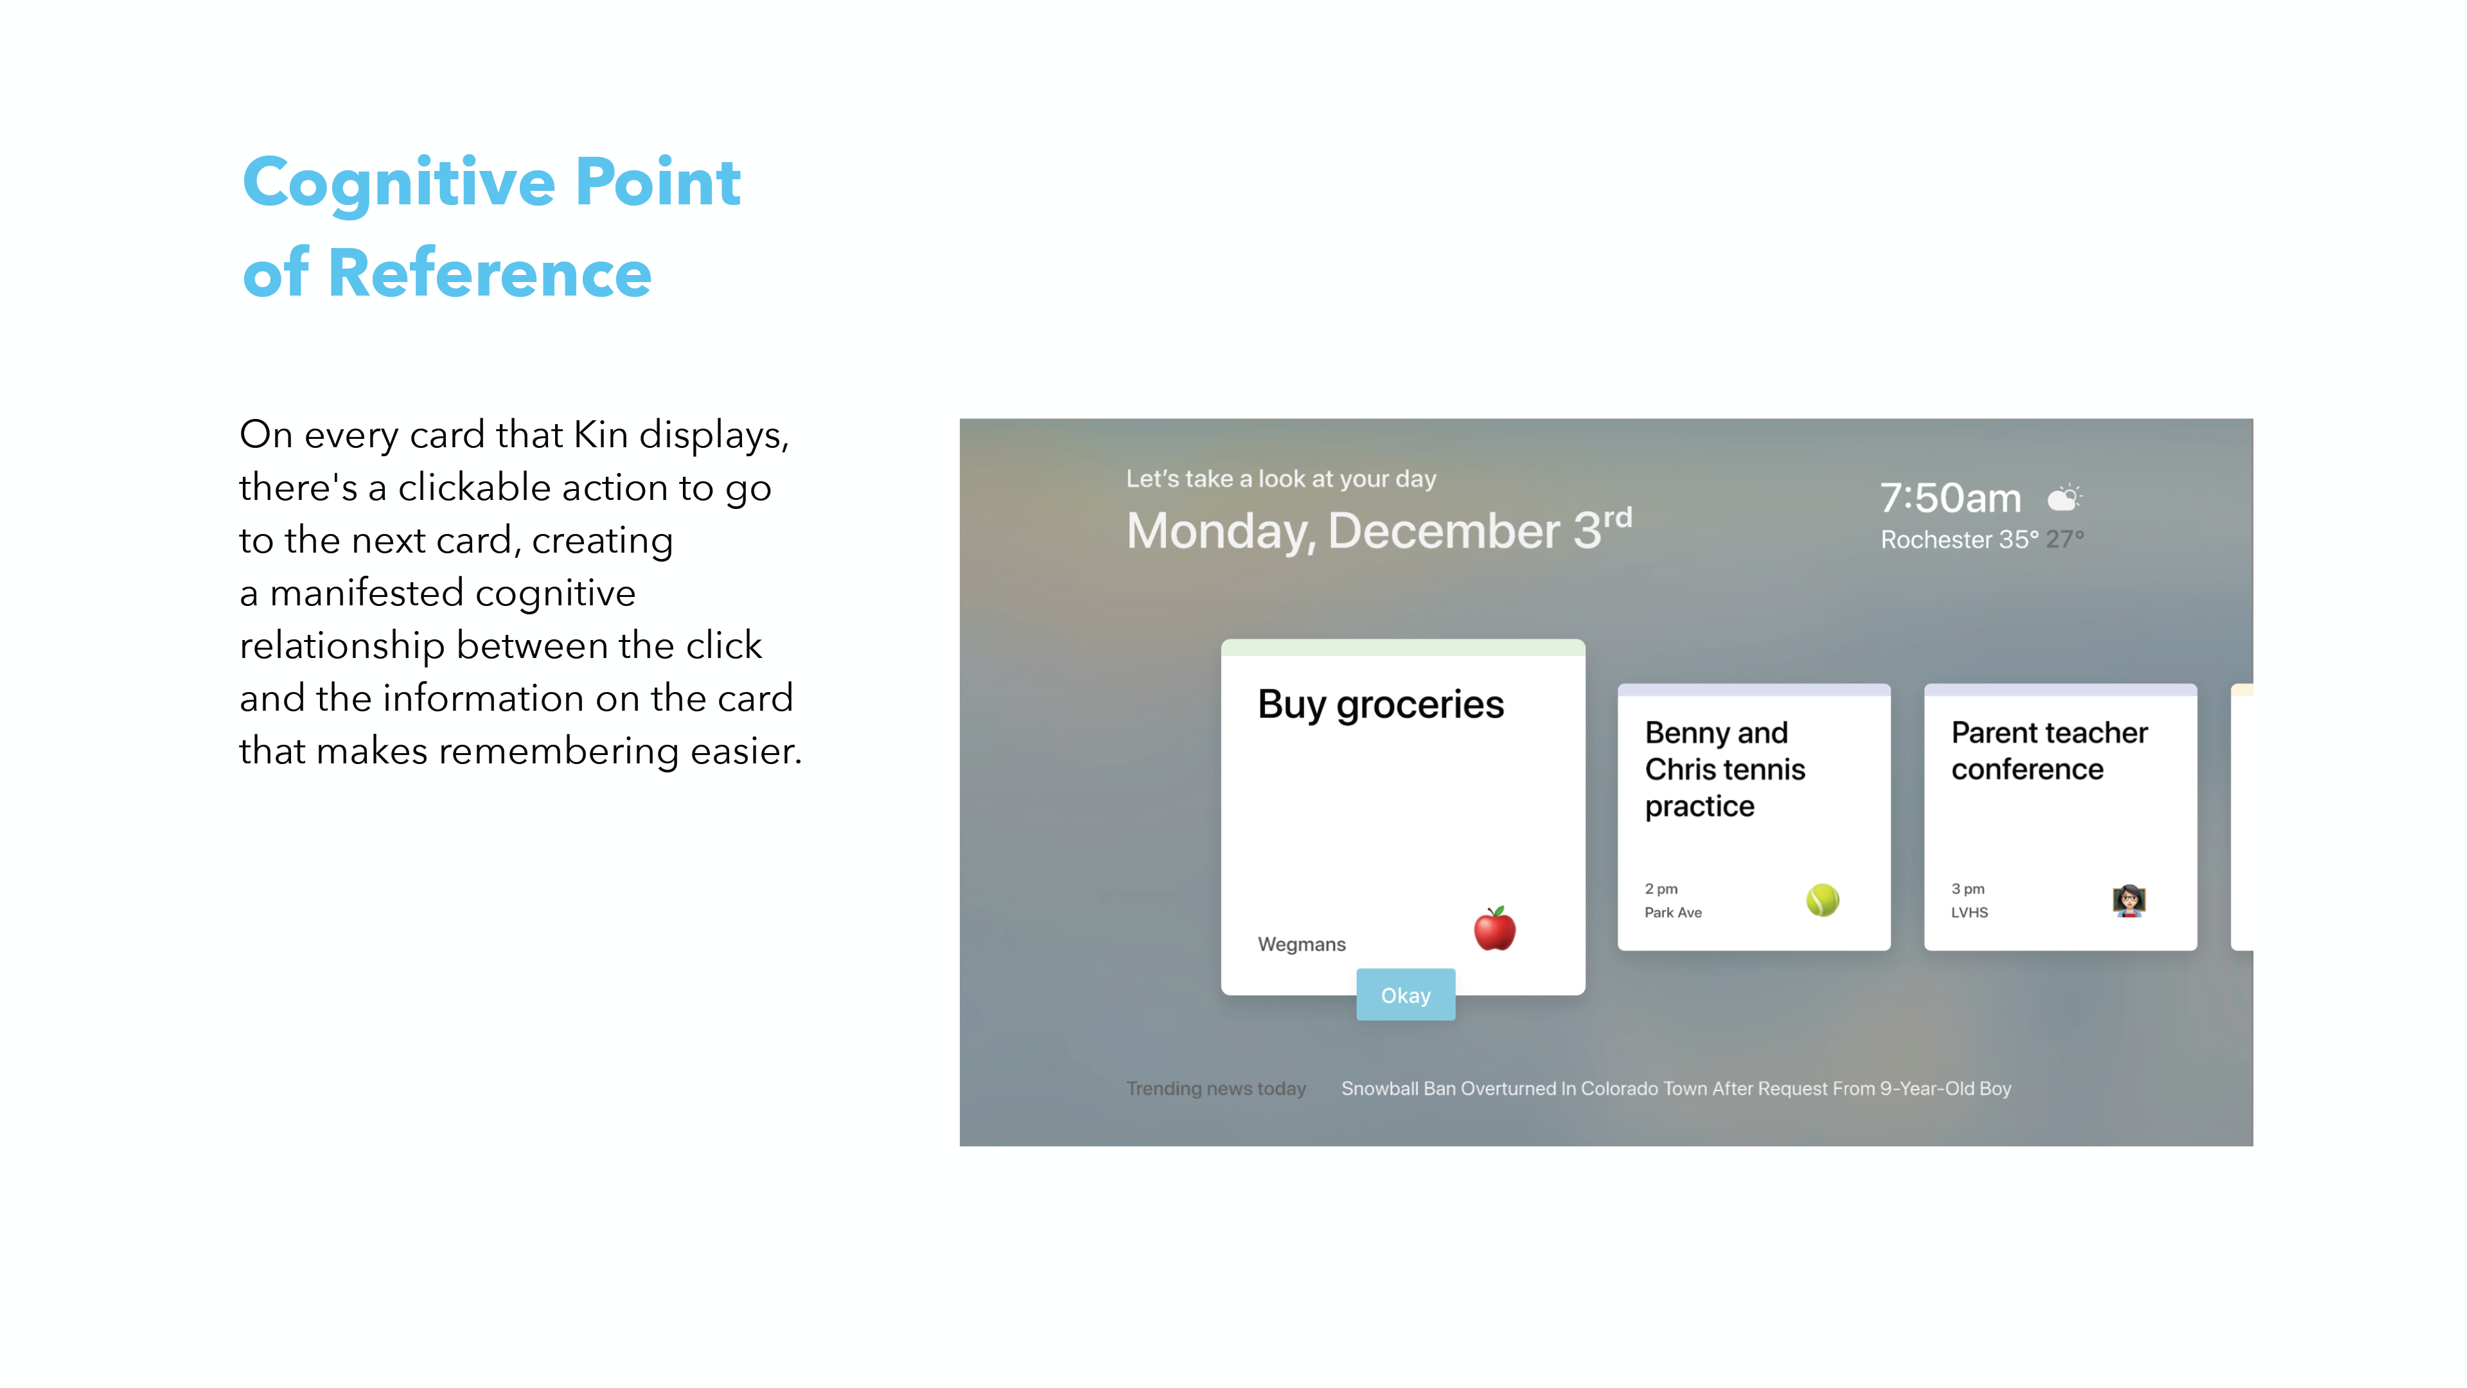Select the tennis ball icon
(1823, 900)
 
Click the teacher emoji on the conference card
(2129, 900)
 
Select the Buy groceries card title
(1380, 705)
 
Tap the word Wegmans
(1302, 945)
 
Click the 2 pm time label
(1661, 889)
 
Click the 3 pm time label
(1967, 889)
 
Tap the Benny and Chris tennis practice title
(1725, 769)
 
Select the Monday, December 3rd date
(1379, 529)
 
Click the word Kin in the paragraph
(601, 435)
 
